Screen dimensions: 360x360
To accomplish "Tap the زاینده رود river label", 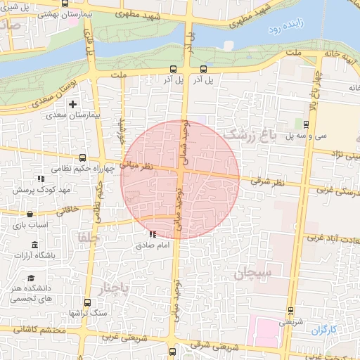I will tap(285, 31).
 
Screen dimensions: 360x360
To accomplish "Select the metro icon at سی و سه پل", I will tap(305, 124).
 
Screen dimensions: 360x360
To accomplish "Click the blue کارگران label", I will tap(324, 329).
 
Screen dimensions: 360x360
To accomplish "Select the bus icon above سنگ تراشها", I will tap(87, 301).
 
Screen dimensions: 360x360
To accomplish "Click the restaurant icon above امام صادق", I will tap(153, 234).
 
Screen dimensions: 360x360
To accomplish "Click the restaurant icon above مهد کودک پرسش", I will tap(41, 179).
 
